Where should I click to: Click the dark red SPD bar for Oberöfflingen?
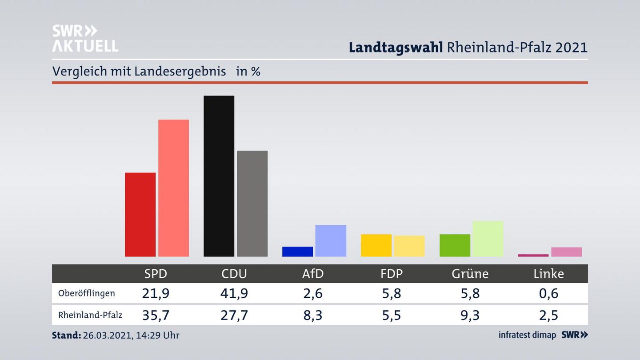click(140, 214)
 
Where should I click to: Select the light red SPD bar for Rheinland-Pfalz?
click(173, 188)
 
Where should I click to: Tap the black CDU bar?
click(219, 176)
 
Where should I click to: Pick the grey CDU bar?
click(252, 204)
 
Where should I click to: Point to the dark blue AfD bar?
click(297, 252)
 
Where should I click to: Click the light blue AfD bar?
click(331, 240)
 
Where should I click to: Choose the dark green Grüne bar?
click(455, 245)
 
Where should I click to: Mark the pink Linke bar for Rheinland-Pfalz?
click(566, 252)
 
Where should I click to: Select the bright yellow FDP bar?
click(376, 245)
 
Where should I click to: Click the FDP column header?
click(392, 274)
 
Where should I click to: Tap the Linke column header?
click(548, 274)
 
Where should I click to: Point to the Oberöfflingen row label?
click(86, 293)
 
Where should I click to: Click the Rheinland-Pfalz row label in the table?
click(90, 315)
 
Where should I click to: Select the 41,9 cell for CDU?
click(234, 293)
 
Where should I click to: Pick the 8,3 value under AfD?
click(313, 315)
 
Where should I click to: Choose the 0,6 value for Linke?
click(548, 293)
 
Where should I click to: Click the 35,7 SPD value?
click(156, 315)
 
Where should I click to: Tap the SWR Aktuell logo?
click(85, 38)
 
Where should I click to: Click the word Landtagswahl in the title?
click(396, 48)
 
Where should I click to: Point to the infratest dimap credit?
click(527, 335)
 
